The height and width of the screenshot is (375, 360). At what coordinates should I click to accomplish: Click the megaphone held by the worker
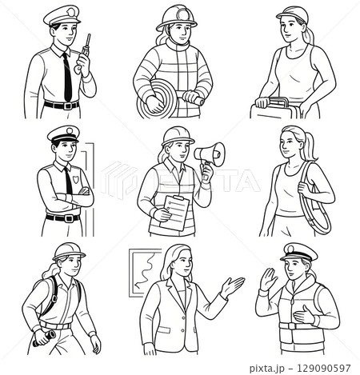pyautogui.click(x=206, y=153)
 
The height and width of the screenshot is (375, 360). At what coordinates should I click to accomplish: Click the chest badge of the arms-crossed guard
pyautogui.click(x=74, y=182)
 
